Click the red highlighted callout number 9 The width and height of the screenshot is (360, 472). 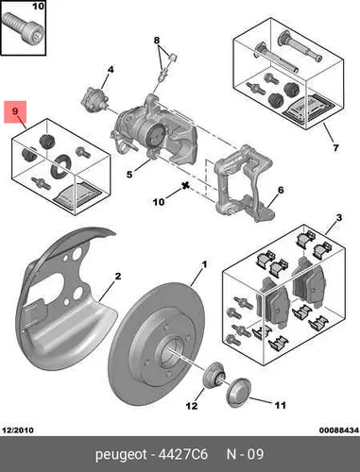coord(15,111)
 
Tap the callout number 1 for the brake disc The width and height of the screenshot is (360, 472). coord(204,264)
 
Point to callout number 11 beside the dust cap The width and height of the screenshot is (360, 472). coord(280,405)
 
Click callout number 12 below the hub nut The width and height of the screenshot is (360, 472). coord(192,406)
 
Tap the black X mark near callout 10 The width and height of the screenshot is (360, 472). coord(185,186)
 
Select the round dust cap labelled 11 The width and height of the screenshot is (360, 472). coord(239,393)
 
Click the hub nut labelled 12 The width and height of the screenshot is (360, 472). coord(214,376)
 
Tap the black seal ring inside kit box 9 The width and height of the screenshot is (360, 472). coord(60,164)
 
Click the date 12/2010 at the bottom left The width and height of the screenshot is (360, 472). coord(18,430)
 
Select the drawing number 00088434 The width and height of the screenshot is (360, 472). coord(339,430)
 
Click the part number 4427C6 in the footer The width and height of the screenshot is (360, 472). coord(183,454)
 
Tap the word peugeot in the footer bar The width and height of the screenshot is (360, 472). coord(121,455)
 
